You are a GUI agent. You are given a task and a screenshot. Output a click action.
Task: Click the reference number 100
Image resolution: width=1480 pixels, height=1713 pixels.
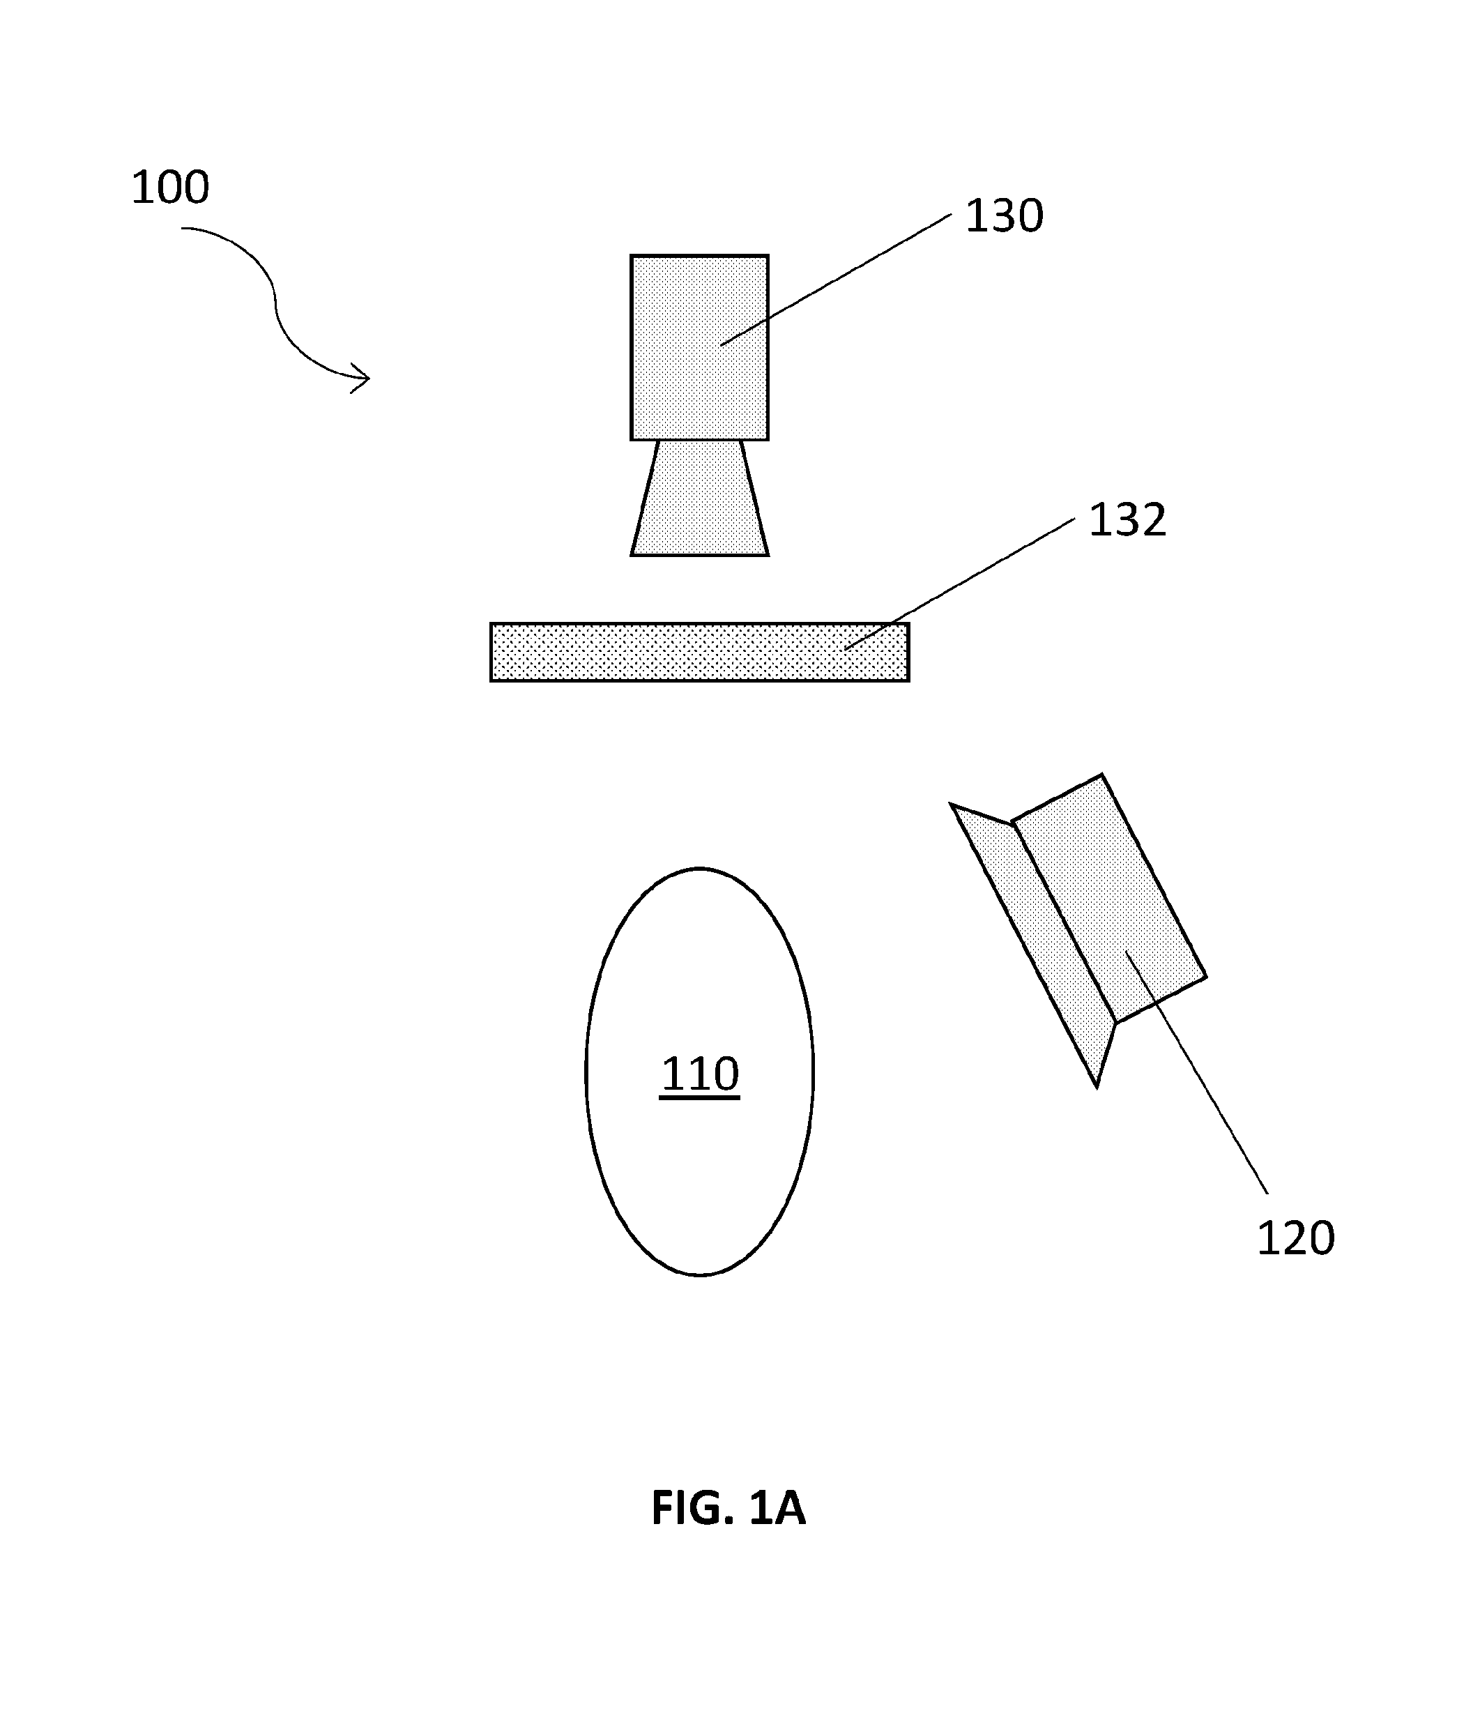(170, 188)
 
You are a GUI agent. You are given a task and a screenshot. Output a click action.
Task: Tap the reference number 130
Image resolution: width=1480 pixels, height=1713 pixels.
(1005, 215)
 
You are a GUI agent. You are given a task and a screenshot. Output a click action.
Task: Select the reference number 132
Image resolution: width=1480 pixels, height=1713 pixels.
(1128, 520)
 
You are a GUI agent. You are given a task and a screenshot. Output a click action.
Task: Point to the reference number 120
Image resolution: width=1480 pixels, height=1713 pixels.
(1296, 1238)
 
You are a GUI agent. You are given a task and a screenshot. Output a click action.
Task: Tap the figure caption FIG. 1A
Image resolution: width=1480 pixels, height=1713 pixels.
(728, 1507)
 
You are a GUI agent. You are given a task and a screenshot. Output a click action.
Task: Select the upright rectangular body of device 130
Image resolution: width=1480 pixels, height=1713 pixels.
(699, 347)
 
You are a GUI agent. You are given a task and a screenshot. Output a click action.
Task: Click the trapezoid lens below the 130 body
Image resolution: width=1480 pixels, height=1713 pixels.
(699, 498)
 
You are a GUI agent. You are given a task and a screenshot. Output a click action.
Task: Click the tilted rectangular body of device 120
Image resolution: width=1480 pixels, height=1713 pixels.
(1108, 898)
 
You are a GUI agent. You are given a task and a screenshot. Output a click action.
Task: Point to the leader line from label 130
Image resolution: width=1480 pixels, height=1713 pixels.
(836, 280)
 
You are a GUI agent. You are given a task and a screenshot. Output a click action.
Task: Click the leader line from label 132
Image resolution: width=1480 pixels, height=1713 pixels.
(959, 584)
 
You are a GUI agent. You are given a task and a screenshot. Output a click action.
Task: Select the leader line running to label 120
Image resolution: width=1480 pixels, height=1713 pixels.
(1196, 1072)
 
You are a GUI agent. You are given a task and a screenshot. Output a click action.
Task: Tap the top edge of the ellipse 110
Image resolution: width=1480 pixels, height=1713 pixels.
(699, 868)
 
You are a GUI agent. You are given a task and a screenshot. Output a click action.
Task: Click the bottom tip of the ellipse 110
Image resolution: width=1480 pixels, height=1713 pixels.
(699, 1276)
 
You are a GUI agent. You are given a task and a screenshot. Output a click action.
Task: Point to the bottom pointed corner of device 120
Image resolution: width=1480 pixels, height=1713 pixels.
(1097, 1087)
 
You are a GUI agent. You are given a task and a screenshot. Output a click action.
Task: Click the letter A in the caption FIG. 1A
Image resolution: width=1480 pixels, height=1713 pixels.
(790, 1507)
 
